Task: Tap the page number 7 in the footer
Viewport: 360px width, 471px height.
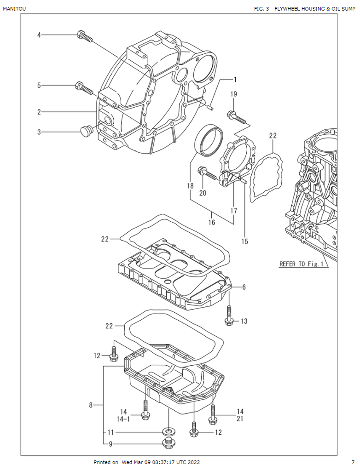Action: click(x=353, y=462)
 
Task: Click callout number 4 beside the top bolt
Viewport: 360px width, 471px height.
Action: click(x=39, y=35)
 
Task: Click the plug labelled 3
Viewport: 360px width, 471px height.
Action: click(x=86, y=131)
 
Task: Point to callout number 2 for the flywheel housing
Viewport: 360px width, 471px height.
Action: click(x=39, y=112)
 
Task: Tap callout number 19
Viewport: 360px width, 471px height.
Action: click(x=234, y=94)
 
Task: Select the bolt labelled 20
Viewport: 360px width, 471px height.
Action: click(x=207, y=174)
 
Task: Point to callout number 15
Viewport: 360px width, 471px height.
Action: click(x=245, y=241)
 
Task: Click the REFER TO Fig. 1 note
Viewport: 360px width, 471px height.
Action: click(x=303, y=264)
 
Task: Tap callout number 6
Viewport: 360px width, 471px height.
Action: click(x=244, y=287)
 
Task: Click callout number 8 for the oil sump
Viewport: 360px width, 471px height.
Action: click(x=91, y=405)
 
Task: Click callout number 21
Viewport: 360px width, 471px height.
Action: click(x=240, y=419)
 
